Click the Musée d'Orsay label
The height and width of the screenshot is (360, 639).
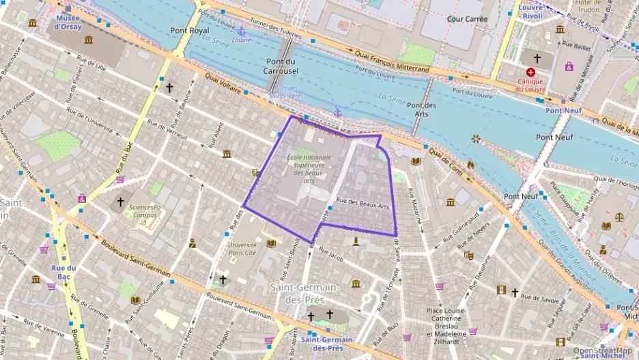68,22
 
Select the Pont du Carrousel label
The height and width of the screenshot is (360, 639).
281,66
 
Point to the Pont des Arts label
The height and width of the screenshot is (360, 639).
421,109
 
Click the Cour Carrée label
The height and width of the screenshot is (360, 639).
466,18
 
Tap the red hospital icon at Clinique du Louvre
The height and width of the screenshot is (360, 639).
530,72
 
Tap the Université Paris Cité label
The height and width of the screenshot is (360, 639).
242,249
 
